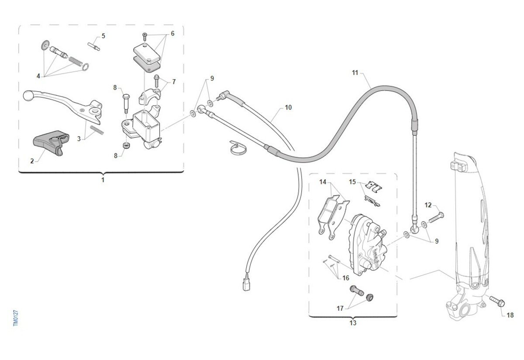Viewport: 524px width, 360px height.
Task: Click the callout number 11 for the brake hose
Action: click(x=355, y=73)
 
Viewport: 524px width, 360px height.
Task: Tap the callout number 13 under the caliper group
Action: click(x=353, y=323)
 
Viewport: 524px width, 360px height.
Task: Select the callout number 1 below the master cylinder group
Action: click(x=103, y=180)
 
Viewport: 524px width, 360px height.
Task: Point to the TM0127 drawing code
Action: click(x=16, y=318)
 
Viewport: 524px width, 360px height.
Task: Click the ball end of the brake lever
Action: click(x=27, y=95)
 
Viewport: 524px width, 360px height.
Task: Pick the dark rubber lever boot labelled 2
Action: click(x=51, y=142)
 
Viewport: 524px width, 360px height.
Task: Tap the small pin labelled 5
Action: click(x=93, y=46)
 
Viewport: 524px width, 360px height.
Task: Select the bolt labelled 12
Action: click(x=436, y=218)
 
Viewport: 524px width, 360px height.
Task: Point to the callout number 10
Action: click(x=288, y=107)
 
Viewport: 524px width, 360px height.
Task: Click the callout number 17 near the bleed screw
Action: click(x=340, y=308)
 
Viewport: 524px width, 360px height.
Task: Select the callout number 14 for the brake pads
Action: click(x=323, y=182)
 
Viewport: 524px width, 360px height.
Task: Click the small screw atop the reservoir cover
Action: click(x=145, y=37)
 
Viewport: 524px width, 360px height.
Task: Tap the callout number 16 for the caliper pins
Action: click(x=346, y=278)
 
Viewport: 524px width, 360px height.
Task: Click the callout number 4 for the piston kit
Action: click(x=38, y=76)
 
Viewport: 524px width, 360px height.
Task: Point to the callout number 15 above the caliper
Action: click(x=352, y=182)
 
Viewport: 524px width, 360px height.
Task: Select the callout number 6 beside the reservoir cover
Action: click(x=172, y=34)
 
